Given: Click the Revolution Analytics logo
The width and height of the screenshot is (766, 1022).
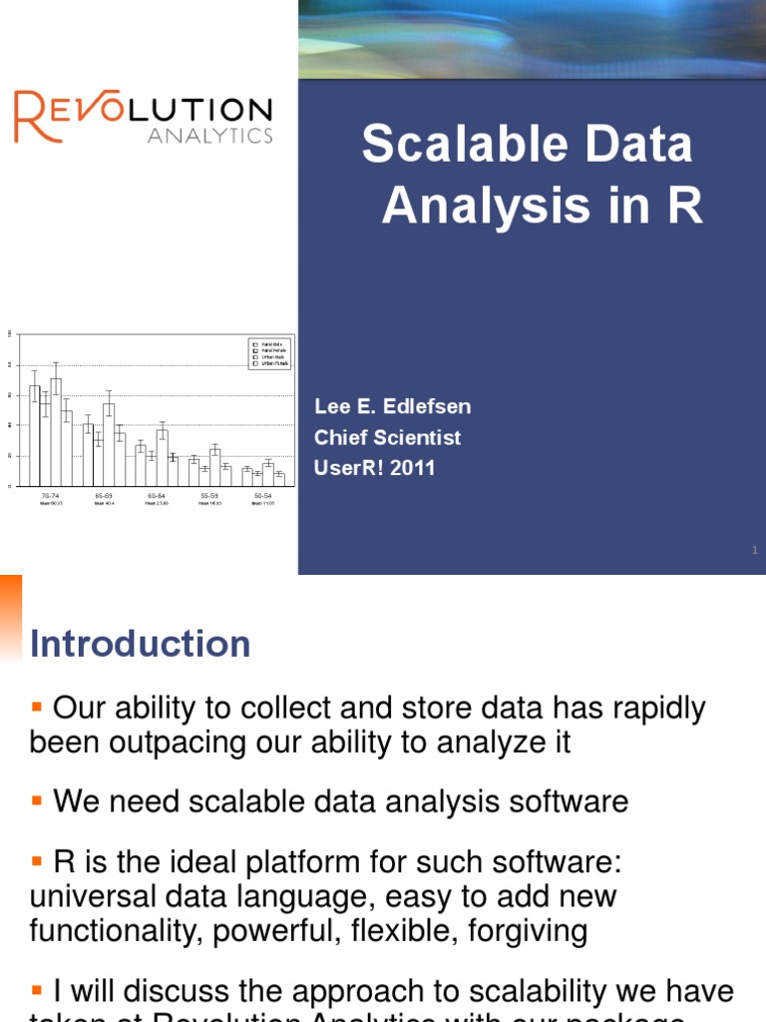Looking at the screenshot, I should click(x=143, y=118).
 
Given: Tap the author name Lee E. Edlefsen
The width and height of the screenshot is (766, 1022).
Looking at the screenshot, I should click(x=393, y=407).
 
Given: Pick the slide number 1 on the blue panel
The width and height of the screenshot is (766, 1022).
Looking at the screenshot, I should click(x=755, y=550).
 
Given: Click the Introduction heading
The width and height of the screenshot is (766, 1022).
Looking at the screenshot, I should click(x=140, y=644).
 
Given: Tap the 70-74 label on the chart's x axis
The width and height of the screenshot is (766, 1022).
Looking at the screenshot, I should click(x=48, y=495).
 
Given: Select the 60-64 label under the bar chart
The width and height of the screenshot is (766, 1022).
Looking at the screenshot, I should click(x=157, y=495).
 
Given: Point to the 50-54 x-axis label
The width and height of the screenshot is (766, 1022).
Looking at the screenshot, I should click(x=263, y=495).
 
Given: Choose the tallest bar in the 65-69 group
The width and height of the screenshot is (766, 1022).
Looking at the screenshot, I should click(x=109, y=444).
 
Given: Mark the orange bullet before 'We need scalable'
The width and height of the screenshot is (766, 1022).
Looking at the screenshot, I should click(x=37, y=800).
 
